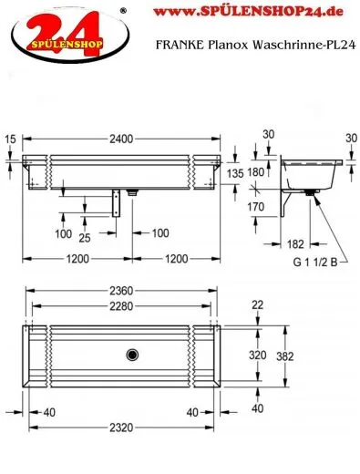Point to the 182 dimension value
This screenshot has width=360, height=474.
tap(294, 244)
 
